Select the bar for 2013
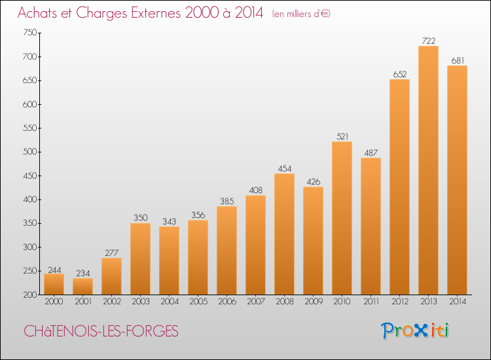(x=428, y=170)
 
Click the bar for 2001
(x=82, y=287)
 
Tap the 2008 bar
(x=284, y=234)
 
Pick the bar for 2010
(x=342, y=218)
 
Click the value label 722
(x=429, y=41)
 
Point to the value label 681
(x=458, y=60)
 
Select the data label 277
(x=112, y=253)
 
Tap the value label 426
(x=314, y=182)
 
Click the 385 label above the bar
(x=227, y=202)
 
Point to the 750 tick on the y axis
(x=30, y=33)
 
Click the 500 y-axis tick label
(x=30, y=152)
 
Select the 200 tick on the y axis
(x=30, y=295)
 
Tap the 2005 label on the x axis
(x=198, y=302)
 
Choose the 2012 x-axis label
(x=400, y=302)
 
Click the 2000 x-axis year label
(x=54, y=302)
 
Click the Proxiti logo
(x=415, y=331)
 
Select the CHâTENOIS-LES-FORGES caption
(x=101, y=331)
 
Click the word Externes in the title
(x=155, y=13)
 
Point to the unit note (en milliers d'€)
(x=301, y=14)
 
